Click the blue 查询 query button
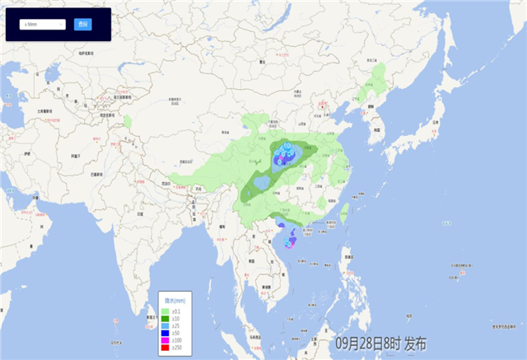tap(82, 25)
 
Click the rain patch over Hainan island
tap(290, 242)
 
